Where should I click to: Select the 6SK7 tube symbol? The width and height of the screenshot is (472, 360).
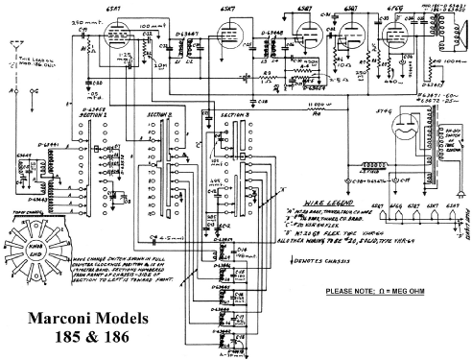pos(228,36)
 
